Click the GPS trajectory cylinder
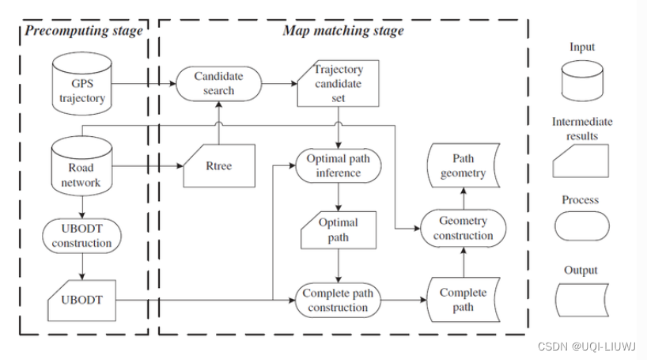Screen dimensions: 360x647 click(x=81, y=85)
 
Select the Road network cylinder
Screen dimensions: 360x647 click(x=81, y=167)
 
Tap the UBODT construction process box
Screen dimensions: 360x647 click(x=81, y=236)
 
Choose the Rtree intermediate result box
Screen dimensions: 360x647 click(x=218, y=166)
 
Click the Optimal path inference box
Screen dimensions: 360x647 click(x=338, y=166)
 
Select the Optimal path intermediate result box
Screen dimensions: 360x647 click(x=338, y=230)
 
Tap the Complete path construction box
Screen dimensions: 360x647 click(x=338, y=300)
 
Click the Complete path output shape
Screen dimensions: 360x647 click(x=463, y=300)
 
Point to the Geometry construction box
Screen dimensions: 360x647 click(x=463, y=228)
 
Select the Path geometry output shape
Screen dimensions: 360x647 click(x=463, y=166)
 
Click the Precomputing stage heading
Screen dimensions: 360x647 click(x=83, y=31)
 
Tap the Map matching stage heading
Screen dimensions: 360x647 click(x=342, y=31)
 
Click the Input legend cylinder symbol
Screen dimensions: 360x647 click(x=581, y=82)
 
